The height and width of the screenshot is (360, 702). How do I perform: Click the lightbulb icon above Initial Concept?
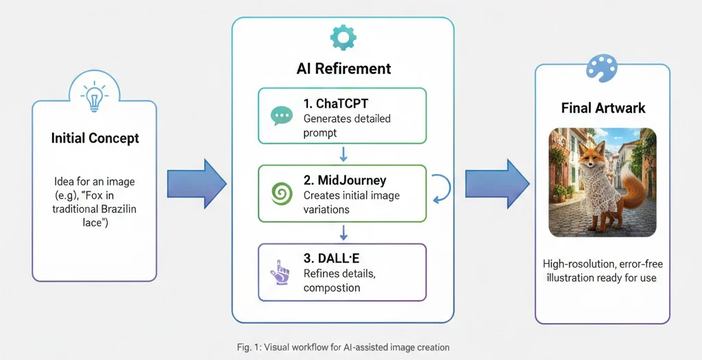pyautogui.click(x=95, y=97)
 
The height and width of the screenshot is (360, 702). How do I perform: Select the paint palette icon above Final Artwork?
pyautogui.click(x=602, y=69)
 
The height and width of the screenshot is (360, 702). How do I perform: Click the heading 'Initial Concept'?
pyautogui.click(x=95, y=139)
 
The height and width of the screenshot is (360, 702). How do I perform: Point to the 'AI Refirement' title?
pyautogui.click(x=343, y=69)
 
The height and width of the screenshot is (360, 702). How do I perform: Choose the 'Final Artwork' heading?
pyautogui.click(x=603, y=108)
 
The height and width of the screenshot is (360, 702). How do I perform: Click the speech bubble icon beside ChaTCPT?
pyautogui.click(x=281, y=116)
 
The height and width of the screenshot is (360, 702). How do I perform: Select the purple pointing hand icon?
pyautogui.click(x=280, y=272)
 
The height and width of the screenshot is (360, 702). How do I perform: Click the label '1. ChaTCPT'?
pyautogui.click(x=337, y=104)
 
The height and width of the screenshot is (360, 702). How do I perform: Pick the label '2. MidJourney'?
pyautogui.click(x=345, y=181)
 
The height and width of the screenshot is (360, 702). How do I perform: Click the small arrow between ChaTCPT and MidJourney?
pyautogui.click(x=343, y=154)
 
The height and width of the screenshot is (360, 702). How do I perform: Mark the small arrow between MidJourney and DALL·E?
pyautogui.click(x=343, y=232)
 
